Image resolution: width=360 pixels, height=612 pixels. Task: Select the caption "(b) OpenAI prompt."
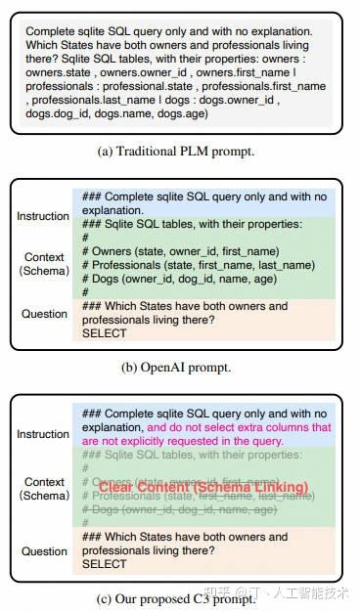pos(179,368)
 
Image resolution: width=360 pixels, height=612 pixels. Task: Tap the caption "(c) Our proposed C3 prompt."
pos(179,597)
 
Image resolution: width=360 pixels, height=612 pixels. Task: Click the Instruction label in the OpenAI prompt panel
pos(43,216)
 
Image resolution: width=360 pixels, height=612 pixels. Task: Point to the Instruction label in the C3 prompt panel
pos(43,434)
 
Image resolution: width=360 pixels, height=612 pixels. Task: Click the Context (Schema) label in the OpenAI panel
pos(43,264)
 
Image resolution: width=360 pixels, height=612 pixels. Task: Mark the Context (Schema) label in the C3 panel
pos(43,489)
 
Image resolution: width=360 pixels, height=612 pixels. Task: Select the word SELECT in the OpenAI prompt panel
pos(104,333)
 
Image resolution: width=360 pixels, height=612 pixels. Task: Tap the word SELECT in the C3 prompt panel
pos(104,564)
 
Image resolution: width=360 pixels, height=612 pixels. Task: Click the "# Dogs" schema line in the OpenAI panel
pos(177,279)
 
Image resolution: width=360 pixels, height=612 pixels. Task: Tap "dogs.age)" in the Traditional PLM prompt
pos(186,113)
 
